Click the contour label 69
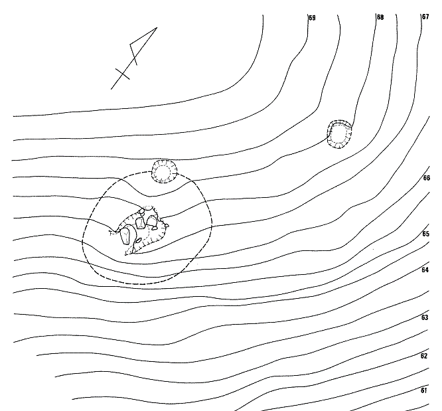point(312,18)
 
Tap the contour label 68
point(380,17)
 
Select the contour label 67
point(425,17)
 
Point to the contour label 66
point(427,178)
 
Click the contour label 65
point(426,234)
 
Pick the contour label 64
point(425,270)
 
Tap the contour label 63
point(425,317)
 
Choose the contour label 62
point(424,356)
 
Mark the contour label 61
point(423,390)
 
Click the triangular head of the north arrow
point(142,44)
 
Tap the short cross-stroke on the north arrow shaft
point(123,74)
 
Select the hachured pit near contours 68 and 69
point(340,134)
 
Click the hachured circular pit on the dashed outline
point(165,171)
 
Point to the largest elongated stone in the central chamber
point(125,236)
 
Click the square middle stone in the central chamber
point(140,223)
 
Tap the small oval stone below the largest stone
point(139,240)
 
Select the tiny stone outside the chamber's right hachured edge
point(167,225)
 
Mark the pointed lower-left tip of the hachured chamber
point(125,254)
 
